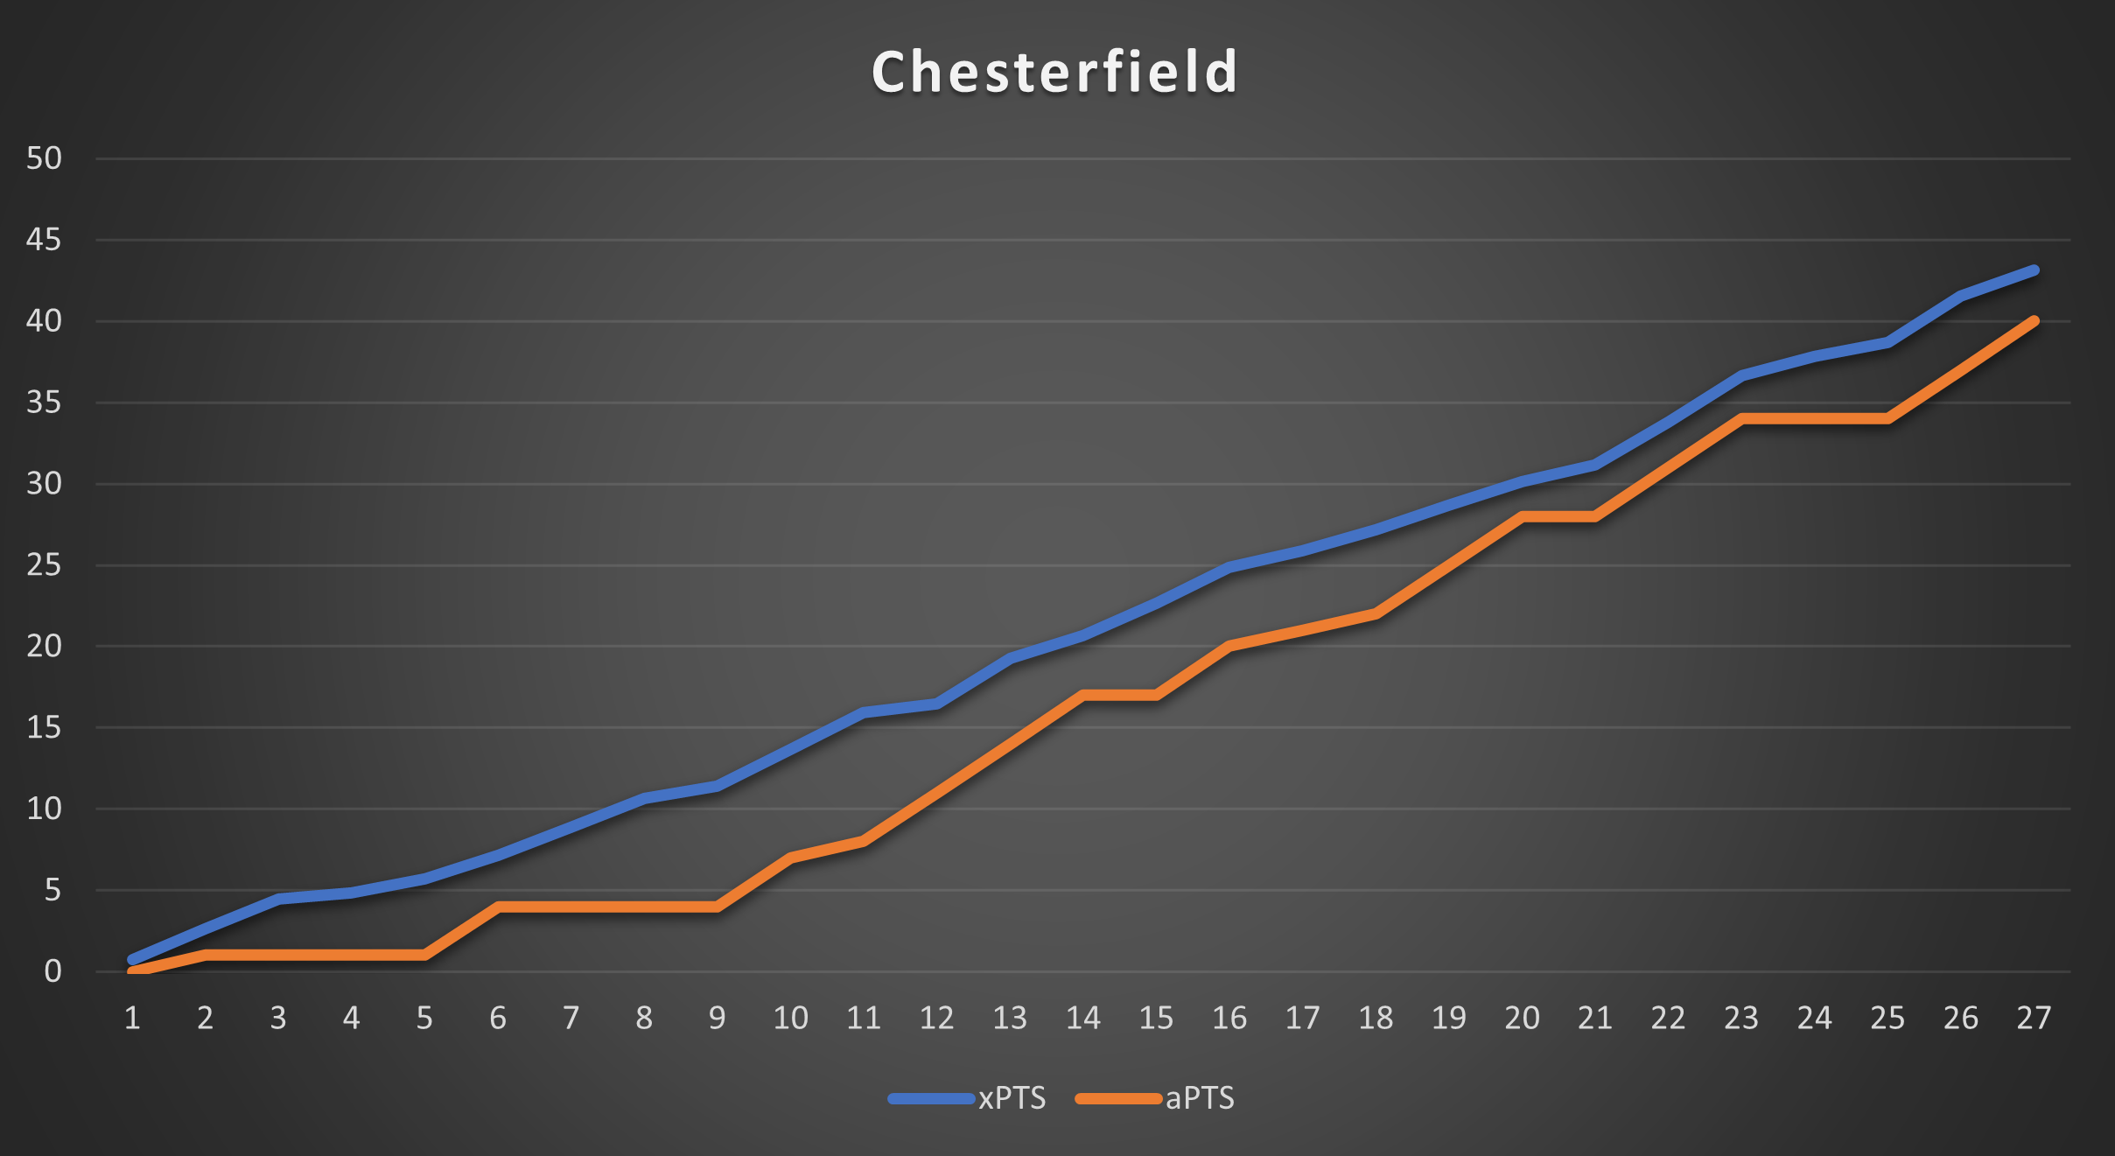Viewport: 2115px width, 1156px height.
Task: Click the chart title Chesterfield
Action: pos(1054,72)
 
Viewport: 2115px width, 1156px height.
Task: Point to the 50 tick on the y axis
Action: pos(44,158)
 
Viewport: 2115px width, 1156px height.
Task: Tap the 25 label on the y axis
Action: pos(44,565)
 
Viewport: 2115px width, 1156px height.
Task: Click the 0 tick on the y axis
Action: pos(53,971)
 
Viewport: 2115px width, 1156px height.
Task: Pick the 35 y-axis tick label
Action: pos(44,403)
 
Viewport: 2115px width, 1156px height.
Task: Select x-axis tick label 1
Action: pos(132,1018)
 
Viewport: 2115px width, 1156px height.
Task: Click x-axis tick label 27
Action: pos(2034,1018)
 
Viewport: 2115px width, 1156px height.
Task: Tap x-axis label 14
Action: pos(1082,1018)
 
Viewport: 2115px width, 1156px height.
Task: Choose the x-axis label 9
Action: pos(717,1018)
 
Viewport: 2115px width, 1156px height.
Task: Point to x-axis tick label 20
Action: pos(1522,1018)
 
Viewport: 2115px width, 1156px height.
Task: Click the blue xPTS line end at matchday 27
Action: pos(2034,270)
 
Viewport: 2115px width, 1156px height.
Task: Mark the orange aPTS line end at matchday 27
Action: pos(2034,321)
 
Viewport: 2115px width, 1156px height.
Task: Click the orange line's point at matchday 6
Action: pos(498,907)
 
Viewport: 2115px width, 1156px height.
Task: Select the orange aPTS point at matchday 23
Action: pos(1742,418)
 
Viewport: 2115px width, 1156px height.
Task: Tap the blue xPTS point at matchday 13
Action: pos(1011,657)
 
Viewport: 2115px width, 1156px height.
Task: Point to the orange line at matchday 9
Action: pos(718,907)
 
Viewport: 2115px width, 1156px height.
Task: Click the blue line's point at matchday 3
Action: pos(278,899)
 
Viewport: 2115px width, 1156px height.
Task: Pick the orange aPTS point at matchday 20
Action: pos(1523,516)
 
